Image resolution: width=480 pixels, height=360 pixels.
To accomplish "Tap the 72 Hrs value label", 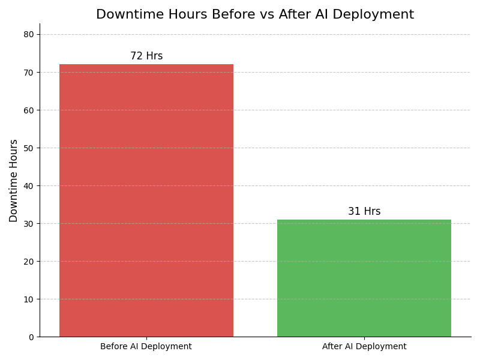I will (x=146, y=56).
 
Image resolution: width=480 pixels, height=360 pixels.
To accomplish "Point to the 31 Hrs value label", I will (x=364, y=212).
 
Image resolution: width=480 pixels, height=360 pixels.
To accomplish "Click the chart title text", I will (x=255, y=15).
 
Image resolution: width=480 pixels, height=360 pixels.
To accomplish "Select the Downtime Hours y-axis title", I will (x=14, y=181).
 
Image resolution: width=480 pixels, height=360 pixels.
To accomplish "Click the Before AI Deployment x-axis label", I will (x=146, y=347).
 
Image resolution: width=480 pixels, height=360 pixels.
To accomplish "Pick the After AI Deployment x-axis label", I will (x=364, y=347).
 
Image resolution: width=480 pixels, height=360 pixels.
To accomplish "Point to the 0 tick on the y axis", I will (x=31, y=337).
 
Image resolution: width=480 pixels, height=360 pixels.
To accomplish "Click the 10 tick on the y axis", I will (x=28, y=299).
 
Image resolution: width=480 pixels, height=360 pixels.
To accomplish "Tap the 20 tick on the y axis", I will (x=28, y=262).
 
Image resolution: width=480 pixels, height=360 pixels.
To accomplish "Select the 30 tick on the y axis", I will (x=28, y=224).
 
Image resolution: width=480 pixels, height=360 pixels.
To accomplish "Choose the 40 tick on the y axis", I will (x=28, y=186).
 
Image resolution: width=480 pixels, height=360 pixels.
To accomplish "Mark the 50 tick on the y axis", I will (x=28, y=148).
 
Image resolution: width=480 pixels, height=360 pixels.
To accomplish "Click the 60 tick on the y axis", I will (x=28, y=110).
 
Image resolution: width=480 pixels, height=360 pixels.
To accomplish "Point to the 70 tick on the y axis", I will (x=28, y=73).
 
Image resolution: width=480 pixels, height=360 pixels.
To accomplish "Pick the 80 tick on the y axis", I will (x=28, y=35).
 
